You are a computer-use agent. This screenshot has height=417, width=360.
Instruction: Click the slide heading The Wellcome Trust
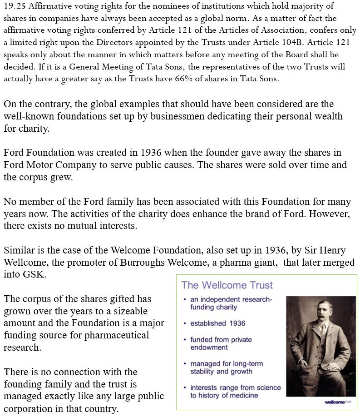coord(227,286)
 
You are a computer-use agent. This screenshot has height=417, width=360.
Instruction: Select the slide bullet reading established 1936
coord(217,323)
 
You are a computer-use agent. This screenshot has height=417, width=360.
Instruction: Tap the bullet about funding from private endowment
coord(221,343)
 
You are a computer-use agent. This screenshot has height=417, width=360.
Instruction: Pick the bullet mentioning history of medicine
coord(235,392)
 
